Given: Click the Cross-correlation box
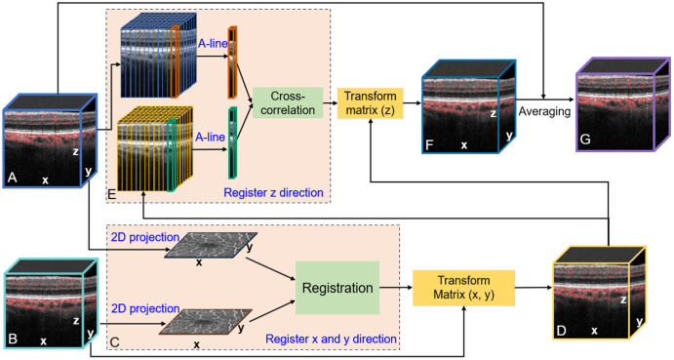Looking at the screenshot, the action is pyautogui.click(x=288, y=102).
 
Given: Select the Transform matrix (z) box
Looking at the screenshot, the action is pyautogui.click(x=370, y=103).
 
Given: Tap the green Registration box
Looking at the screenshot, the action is pyautogui.click(x=337, y=288).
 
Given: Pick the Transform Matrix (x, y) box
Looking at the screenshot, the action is pyautogui.click(x=464, y=288).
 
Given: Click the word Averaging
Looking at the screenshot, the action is pyautogui.click(x=544, y=111).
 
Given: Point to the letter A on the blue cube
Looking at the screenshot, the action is pyautogui.click(x=12, y=177).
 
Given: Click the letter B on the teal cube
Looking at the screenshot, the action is pyautogui.click(x=13, y=339).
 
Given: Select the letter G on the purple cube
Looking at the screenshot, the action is pyautogui.click(x=585, y=140).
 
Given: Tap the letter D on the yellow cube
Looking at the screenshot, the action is pyautogui.click(x=561, y=331).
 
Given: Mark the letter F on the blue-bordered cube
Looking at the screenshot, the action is pyautogui.click(x=429, y=145).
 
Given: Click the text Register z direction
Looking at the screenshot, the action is pyautogui.click(x=273, y=192).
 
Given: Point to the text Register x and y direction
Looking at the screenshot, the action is pyautogui.click(x=331, y=339).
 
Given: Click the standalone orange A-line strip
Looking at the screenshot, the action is pyautogui.click(x=232, y=61).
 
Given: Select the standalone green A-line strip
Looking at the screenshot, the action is pyautogui.click(x=232, y=142).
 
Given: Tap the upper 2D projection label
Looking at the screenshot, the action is pyautogui.click(x=145, y=237).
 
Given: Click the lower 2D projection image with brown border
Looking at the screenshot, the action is pyautogui.click(x=206, y=322).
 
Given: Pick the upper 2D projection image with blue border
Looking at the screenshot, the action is pyautogui.click(x=211, y=245).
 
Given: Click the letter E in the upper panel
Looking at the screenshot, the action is pyautogui.click(x=112, y=194).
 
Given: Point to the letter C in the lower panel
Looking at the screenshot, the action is pyautogui.click(x=115, y=342).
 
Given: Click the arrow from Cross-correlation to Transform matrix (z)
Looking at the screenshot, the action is pyautogui.click(x=330, y=103).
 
